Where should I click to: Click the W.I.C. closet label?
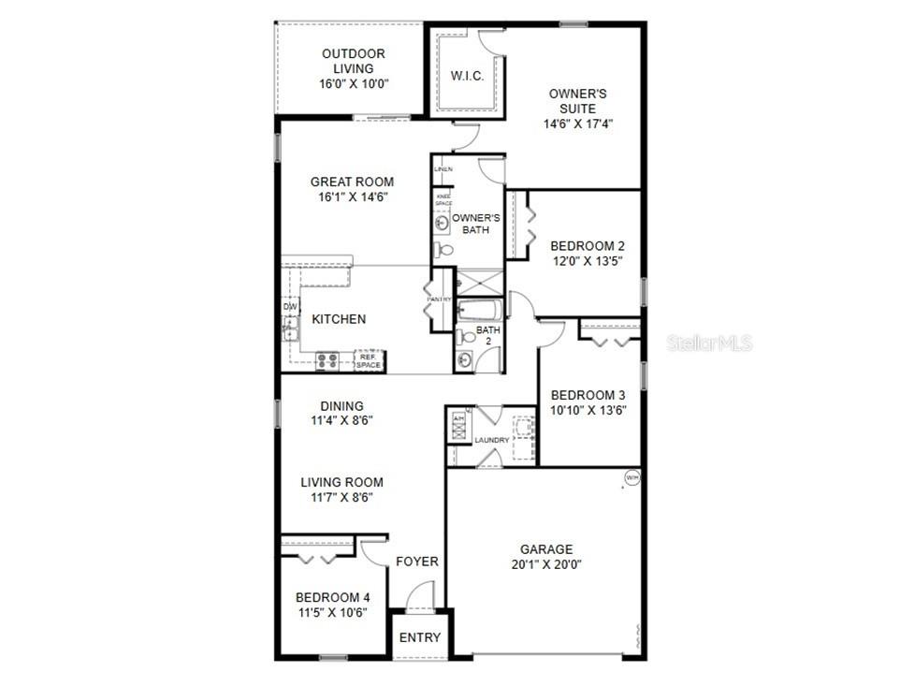coord(467,76)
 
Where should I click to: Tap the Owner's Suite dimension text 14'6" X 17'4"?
coord(579,124)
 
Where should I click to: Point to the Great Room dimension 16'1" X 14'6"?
coord(352,197)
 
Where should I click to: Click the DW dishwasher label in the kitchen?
coord(290,306)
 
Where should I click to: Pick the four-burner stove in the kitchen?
coord(327,359)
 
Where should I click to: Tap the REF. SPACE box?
coord(368,360)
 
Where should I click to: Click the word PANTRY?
coord(439,299)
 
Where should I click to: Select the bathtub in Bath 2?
coord(479,310)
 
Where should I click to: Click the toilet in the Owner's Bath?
coord(444,250)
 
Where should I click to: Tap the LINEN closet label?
coord(443,169)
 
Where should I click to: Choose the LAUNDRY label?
coord(491,440)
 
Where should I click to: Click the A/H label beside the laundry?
coord(458,418)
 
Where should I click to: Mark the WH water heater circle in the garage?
coord(631,480)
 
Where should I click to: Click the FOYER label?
coord(417,562)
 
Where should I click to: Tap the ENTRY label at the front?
coord(420,637)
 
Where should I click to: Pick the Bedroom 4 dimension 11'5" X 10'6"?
coord(332,612)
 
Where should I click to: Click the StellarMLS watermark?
coord(709,343)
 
